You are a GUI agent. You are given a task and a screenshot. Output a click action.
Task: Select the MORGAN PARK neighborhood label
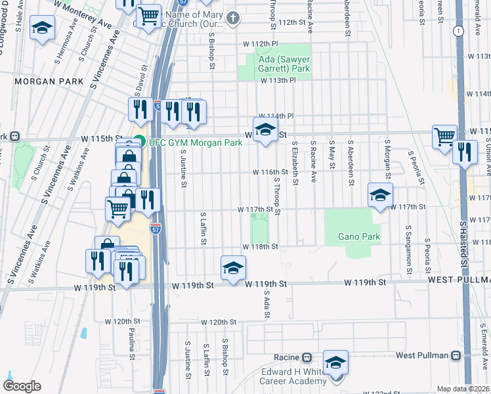49,81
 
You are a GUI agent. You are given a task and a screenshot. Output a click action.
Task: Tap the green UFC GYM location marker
139,140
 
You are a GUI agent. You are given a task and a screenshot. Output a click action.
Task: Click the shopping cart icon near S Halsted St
444,136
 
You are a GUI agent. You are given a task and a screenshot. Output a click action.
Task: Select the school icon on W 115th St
265,129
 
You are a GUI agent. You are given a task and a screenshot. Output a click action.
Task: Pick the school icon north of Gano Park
380,194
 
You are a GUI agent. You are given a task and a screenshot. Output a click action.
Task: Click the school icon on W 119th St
233,267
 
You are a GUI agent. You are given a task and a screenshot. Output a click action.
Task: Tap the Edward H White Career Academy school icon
336,362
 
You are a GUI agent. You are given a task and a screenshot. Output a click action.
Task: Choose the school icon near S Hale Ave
42,28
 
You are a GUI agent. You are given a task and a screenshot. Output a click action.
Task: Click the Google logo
22,387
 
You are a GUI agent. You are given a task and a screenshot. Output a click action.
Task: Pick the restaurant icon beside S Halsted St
464,152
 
